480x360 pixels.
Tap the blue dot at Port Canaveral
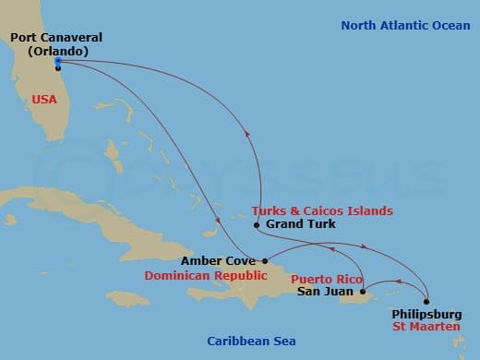pyautogui.click(x=58, y=62)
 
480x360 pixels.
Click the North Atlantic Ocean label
pyautogui.click(x=405, y=25)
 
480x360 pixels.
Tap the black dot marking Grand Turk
pyautogui.click(x=257, y=224)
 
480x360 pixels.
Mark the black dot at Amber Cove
pyautogui.click(x=265, y=261)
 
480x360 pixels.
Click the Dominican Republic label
pyautogui.click(x=219, y=276)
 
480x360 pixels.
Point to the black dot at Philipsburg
pyautogui.click(x=427, y=301)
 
